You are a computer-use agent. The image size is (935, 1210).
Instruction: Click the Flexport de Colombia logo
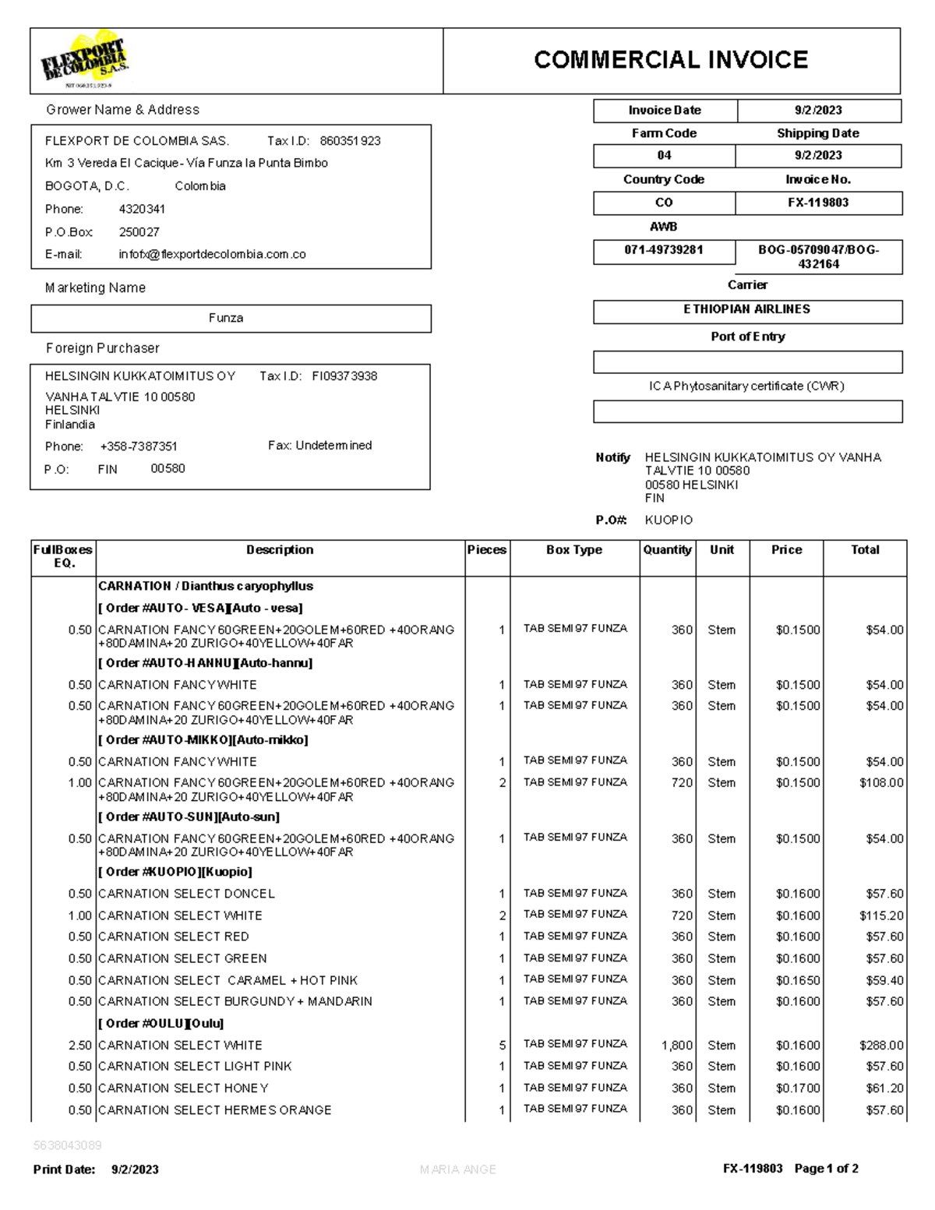coord(84,60)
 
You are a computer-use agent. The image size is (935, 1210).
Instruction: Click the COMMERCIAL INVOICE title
coord(671,60)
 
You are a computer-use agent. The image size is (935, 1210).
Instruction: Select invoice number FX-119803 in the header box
coord(818,203)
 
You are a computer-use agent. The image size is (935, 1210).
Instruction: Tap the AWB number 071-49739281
coord(664,250)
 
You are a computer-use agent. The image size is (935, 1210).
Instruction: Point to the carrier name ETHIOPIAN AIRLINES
coord(747,309)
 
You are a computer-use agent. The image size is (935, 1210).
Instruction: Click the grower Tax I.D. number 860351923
coord(350,141)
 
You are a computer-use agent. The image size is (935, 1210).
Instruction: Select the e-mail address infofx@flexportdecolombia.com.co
coord(212,254)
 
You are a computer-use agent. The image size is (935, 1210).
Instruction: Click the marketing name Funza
coord(226,318)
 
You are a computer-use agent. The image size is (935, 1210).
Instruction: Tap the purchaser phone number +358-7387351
coord(139,446)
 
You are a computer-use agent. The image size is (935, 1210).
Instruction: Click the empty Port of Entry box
coord(747,362)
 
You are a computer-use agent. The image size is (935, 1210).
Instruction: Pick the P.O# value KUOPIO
coord(669,520)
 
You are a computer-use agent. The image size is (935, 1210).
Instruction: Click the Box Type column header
coord(574,550)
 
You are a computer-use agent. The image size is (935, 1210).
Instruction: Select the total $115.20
coord(881,915)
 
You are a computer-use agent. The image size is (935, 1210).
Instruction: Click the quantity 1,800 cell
coord(676,1046)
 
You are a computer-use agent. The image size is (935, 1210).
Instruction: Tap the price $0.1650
coord(797,980)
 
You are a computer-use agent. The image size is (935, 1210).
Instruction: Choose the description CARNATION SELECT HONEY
coord(183,1088)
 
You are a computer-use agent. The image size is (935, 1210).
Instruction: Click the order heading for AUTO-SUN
coord(189,817)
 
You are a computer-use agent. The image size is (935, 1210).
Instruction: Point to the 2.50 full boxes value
coord(79,1046)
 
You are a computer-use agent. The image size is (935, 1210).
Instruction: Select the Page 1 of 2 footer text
coord(826,1169)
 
